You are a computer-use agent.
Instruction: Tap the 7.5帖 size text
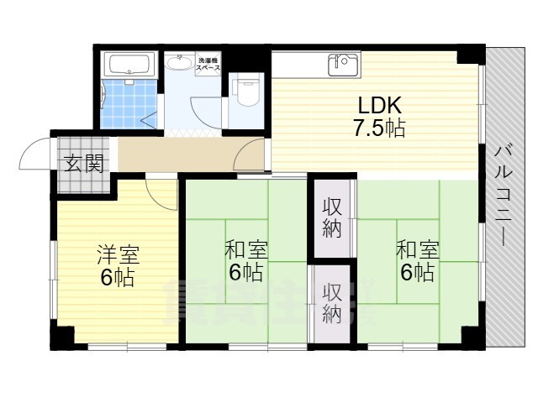click(379, 129)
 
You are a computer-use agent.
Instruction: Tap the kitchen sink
click(343, 64)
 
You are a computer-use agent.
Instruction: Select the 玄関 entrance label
click(82, 163)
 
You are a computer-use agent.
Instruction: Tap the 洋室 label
click(118, 254)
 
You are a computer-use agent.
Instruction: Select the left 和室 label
click(245, 250)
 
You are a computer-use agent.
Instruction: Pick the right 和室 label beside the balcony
click(417, 250)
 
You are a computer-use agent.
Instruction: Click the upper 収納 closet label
click(332, 217)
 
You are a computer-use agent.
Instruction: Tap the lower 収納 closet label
click(332, 304)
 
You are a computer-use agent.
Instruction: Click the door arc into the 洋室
click(162, 195)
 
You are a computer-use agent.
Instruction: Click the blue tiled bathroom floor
click(128, 105)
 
